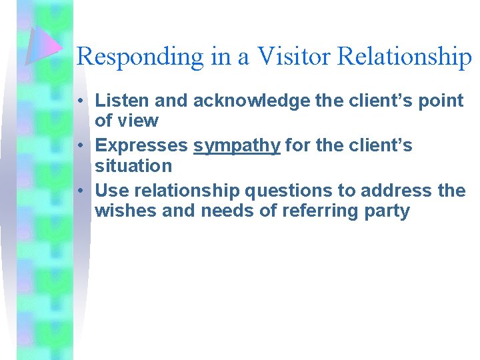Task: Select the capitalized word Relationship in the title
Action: pos(405,57)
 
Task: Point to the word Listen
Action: pos(123,101)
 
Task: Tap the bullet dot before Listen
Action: pos(79,101)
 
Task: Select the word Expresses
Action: pos(141,146)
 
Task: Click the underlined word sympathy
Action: pos(237,146)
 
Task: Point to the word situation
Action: pos(133,165)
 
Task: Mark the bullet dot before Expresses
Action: pos(79,146)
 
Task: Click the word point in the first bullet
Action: pos(439,101)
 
